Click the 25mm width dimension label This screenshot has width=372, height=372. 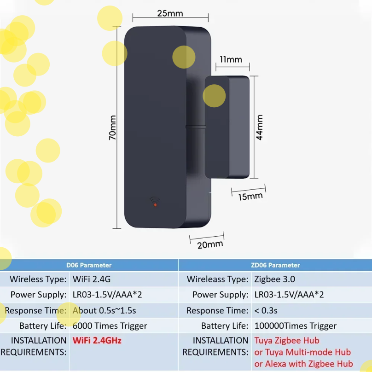[x=169, y=13]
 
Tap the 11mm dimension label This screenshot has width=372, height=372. [x=231, y=60]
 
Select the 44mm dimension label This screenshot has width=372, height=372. [x=260, y=128]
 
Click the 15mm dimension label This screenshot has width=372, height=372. [x=251, y=196]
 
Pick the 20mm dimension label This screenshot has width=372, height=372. [x=210, y=244]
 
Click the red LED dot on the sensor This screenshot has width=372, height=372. [x=156, y=204]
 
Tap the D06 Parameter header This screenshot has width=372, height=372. [x=89, y=265]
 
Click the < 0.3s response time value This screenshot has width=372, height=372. [x=266, y=310]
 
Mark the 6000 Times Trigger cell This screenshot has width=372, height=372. [x=110, y=326]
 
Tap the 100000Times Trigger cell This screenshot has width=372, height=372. [x=295, y=326]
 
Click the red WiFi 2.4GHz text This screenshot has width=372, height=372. [x=97, y=341]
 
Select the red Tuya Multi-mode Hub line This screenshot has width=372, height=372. [x=302, y=352]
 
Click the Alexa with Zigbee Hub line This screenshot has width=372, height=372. [x=304, y=364]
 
